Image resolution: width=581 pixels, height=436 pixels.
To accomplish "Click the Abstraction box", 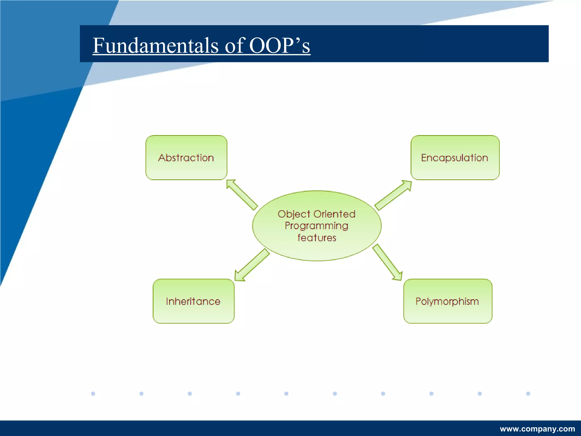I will click(186, 158).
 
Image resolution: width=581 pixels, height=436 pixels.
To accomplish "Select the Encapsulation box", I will click(455, 158).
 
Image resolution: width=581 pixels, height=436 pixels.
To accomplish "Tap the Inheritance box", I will click(193, 301).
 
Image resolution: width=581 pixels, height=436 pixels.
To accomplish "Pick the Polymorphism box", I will click(447, 301).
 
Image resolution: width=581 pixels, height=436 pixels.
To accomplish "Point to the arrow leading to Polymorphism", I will click(388, 263).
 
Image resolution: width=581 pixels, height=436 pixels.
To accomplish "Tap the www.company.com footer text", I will click(537, 429).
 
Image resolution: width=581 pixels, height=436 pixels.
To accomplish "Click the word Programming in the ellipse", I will click(316, 226).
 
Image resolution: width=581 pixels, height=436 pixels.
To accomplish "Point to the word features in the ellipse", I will click(317, 238).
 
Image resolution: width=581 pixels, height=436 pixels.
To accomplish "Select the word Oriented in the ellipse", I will click(334, 214).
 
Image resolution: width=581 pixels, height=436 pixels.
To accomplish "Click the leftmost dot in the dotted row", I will click(93, 393).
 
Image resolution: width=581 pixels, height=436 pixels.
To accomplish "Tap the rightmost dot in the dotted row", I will click(528, 393).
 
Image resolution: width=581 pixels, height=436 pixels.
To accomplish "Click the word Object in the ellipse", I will click(294, 214).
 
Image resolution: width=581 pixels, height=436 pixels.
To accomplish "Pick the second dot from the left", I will click(141, 393).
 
